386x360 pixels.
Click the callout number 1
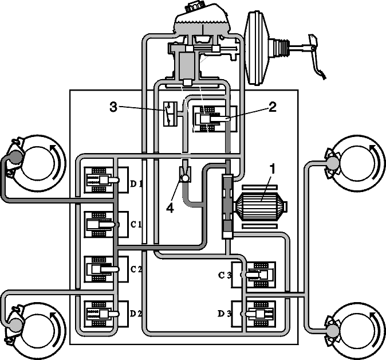[x=272, y=170]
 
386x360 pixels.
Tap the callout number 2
[x=272, y=107]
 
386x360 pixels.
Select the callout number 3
[x=113, y=107]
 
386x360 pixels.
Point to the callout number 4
[x=170, y=208]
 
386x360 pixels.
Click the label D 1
[x=136, y=183]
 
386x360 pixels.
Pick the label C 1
[x=136, y=225]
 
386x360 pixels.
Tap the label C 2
[x=136, y=269]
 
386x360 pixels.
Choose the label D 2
[x=136, y=314]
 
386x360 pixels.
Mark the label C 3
[x=224, y=275]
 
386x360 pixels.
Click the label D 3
[x=224, y=314]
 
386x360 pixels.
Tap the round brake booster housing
[x=258, y=48]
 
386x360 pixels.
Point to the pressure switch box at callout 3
[x=170, y=114]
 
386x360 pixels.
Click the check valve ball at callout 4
[x=184, y=177]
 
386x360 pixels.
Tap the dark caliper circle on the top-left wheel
[x=15, y=156]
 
